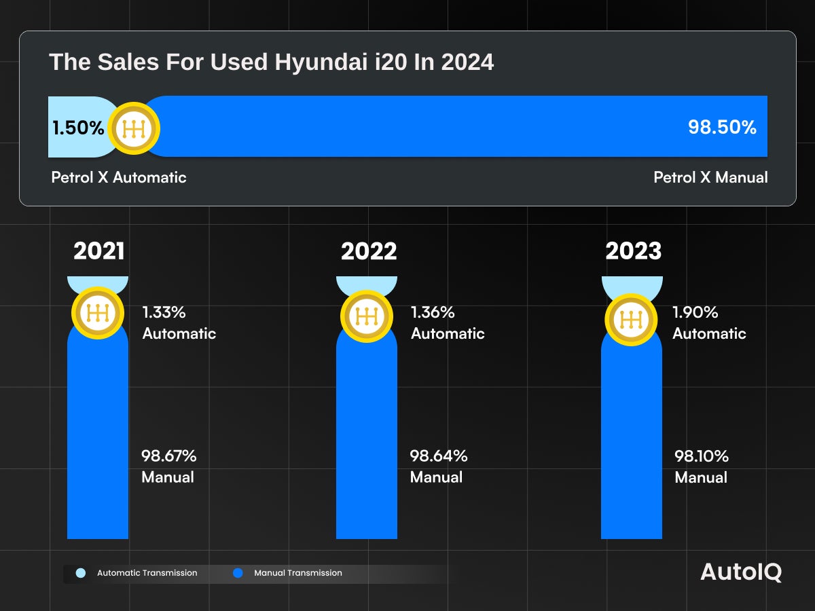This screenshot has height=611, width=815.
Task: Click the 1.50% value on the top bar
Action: point(78,128)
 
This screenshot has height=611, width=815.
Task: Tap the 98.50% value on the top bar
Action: point(722,127)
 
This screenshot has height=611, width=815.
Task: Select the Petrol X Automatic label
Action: point(119,177)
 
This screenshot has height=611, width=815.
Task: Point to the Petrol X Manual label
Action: point(710,177)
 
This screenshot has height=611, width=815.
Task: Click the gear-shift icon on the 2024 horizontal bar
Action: point(134,128)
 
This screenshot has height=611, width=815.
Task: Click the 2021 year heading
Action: point(99,251)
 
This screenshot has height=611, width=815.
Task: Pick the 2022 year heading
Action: point(369,251)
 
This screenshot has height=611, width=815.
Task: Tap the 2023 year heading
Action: point(633,251)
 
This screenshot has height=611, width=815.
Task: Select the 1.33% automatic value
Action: point(164,312)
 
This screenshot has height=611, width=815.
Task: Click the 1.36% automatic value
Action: point(433,312)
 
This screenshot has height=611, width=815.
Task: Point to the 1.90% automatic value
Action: point(695,312)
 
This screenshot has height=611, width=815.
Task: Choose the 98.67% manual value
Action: point(168,456)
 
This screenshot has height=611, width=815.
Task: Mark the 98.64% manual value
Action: point(438,456)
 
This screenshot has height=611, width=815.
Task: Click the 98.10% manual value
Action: point(702,456)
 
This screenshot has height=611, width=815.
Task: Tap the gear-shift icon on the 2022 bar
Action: point(367,316)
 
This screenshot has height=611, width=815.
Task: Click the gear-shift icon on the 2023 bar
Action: point(632,319)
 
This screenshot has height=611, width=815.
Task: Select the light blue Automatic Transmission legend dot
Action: point(81,573)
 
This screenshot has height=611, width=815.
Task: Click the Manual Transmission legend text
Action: point(298,573)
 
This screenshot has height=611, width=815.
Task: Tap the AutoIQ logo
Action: point(741,572)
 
